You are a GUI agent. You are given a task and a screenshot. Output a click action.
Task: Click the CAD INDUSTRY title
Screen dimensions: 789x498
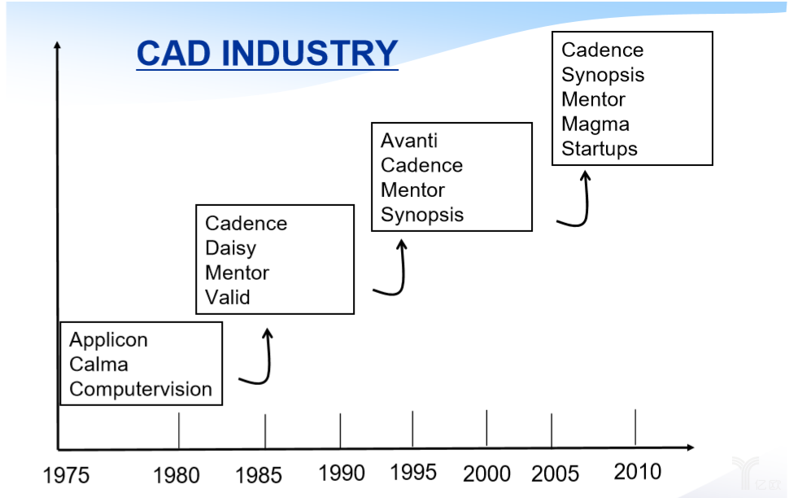(x=267, y=54)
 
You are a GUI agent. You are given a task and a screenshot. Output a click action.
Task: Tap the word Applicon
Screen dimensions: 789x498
(x=109, y=340)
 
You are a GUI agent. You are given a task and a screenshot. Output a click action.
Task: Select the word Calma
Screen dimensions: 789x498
(x=98, y=365)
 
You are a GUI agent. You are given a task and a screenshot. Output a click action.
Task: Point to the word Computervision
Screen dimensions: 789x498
(x=141, y=390)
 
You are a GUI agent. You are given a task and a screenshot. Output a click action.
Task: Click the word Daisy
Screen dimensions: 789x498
(x=230, y=248)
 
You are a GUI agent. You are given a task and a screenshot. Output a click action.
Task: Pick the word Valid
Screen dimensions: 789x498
(x=228, y=298)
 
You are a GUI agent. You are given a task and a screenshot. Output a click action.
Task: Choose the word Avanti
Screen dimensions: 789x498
(x=409, y=141)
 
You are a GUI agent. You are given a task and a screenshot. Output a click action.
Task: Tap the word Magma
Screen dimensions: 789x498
(x=595, y=124)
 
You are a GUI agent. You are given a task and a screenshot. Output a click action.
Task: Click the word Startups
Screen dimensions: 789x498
(x=599, y=150)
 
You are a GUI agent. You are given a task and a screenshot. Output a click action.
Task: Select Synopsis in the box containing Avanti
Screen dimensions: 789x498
(x=422, y=216)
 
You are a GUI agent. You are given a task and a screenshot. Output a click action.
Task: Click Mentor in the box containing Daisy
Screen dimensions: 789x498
(x=237, y=273)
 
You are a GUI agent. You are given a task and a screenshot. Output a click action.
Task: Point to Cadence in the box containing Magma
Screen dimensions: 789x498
(x=602, y=50)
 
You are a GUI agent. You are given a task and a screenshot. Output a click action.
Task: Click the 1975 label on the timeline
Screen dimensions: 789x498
(x=66, y=475)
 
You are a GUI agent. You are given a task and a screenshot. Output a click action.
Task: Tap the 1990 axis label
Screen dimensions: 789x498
(x=342, y=474)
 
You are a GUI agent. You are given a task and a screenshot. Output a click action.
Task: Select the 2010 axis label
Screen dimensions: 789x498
(x=638, y=472)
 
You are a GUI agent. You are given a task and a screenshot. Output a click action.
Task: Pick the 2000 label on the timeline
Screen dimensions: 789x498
(x=486, y=474)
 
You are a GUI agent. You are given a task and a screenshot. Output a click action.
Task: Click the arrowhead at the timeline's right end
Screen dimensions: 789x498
(x=691, y=448)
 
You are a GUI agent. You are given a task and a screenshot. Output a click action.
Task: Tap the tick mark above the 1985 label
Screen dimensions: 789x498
(x=265, y=431)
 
